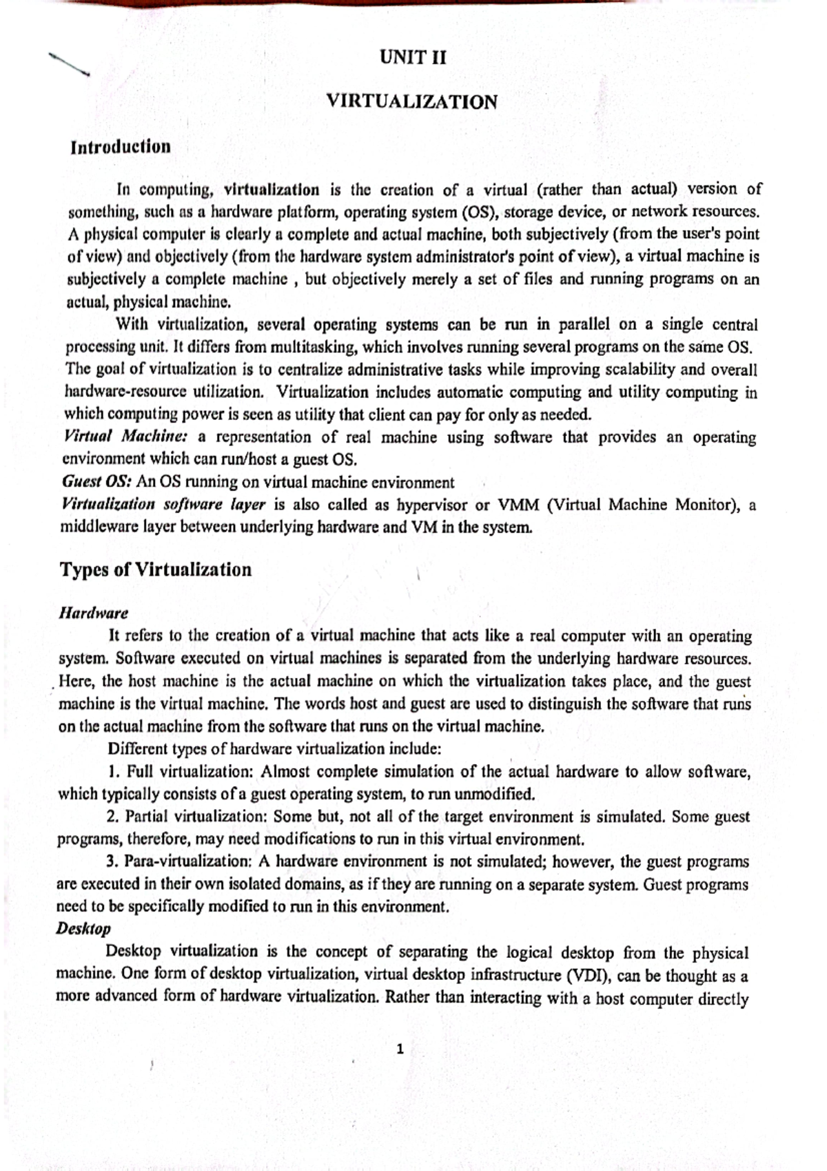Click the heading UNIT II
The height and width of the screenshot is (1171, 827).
point(413,58)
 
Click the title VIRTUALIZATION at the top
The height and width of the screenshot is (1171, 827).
point(412,102)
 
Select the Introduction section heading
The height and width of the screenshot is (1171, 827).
point(121,147)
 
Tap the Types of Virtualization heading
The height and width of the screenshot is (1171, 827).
point(156,570)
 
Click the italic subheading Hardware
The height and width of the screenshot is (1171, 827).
point(94,612)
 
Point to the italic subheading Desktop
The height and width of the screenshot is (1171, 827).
point(83,928)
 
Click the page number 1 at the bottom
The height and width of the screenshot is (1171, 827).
point(400,1050)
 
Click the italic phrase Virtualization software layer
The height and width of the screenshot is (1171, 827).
point(163,504)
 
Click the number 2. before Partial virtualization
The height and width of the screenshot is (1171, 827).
point(114,817)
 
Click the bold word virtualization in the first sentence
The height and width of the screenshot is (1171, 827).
point(272,189)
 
